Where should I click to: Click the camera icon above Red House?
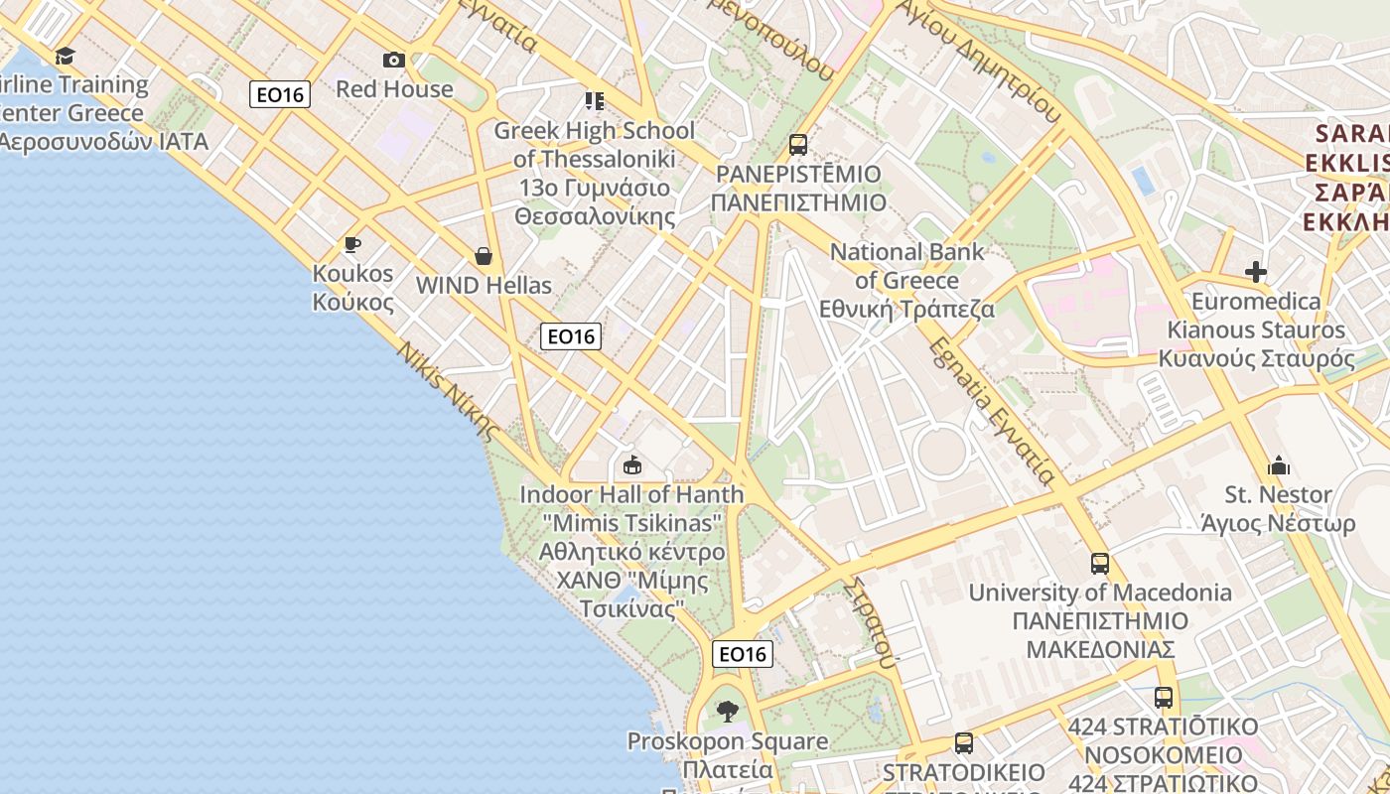coord(394,61)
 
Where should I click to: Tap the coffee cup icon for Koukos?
coord(351,244)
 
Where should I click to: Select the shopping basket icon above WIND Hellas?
coord(484,256)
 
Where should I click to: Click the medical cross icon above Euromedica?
coord(1256,271)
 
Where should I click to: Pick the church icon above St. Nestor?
coord(1279,464)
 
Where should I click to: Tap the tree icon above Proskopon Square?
coord(728,711)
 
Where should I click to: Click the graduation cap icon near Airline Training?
coord(66,56)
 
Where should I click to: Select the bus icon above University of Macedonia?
coord(1100,564)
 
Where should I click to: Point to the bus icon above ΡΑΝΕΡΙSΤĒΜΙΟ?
coord(798,145)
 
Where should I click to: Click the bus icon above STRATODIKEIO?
coord(963,742)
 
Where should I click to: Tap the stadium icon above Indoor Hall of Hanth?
coord(631,463)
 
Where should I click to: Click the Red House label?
coord(394,88)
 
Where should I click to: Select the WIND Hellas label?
coord(484,286)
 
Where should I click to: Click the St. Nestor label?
coord(1279,494)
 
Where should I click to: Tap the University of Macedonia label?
coord(1100,593)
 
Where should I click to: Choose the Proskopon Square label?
coord(728,741)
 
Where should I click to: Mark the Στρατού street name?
coord(871,621)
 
